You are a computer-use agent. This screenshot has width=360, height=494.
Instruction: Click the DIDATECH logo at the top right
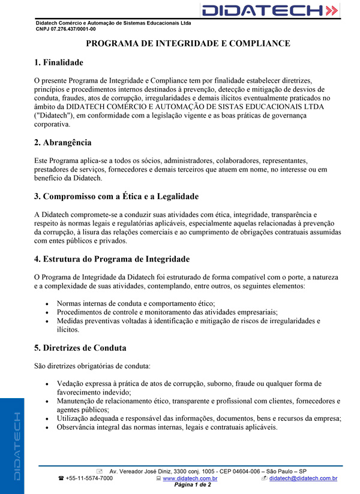[270, 10]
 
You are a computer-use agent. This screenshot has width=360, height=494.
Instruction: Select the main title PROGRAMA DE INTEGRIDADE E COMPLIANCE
[188, 44]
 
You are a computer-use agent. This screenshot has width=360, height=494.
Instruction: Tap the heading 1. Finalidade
[59, 62]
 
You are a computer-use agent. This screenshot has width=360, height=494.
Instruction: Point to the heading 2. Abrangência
[63, 143]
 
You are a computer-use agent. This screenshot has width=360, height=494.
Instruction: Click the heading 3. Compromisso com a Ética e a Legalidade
[116, 197]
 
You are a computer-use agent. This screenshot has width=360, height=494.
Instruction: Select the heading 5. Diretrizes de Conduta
[80, 348]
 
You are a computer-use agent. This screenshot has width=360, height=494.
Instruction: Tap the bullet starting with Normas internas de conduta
[136, 304]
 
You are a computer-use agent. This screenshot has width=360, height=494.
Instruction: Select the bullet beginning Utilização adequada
[199, 418]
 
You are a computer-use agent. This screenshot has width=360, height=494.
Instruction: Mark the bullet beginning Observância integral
[167, 427]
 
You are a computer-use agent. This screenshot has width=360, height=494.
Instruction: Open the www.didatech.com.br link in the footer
[190, 478]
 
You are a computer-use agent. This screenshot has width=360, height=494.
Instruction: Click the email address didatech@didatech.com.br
[303, 478]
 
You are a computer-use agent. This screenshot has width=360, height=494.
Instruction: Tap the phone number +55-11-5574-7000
[89, 478]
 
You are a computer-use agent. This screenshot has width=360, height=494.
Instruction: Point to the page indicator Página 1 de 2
[192, 485]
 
